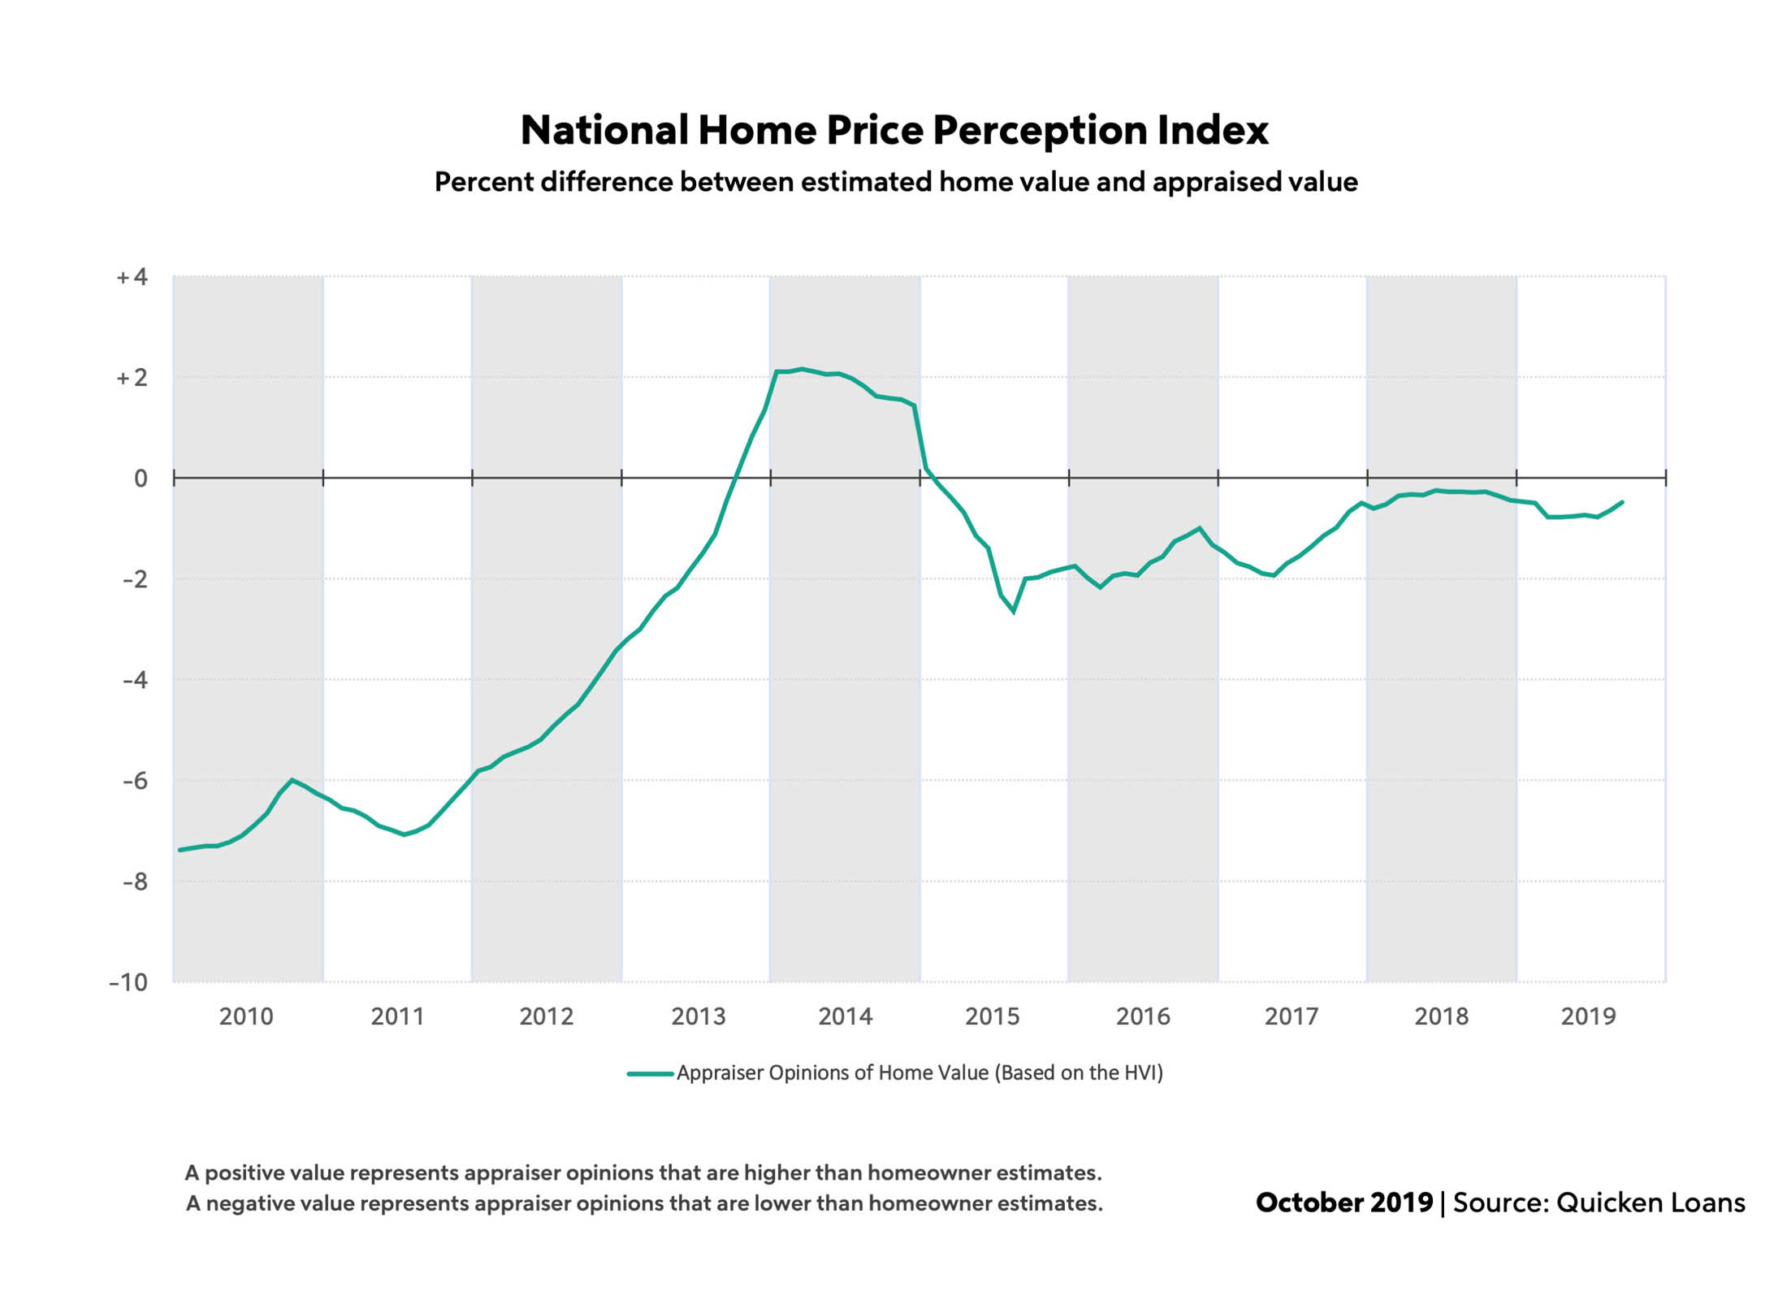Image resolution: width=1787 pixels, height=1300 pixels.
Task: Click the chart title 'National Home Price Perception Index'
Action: pos(894,130)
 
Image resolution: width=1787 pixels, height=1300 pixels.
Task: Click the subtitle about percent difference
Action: pos(896,182)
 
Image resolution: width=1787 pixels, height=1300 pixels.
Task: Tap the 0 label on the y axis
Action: pos(141,479)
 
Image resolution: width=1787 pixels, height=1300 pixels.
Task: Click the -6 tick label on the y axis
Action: pos(136,781)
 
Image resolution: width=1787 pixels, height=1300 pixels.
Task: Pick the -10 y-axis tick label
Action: pos(129,982)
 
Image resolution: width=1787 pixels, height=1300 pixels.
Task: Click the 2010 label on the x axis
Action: pos(246,1016)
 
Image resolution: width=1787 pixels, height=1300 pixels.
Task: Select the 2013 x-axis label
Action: pos(698,1016)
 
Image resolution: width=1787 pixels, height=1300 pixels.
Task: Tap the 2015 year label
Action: pos(992,1016)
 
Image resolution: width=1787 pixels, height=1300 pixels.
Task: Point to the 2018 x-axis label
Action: pos(1441,1016)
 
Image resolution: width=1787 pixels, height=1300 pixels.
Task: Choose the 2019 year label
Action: pos(1588,1016)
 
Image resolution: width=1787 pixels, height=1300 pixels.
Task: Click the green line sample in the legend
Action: pos(650,1074)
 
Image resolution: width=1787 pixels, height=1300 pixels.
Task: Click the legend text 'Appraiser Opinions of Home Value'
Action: pos(919,1073)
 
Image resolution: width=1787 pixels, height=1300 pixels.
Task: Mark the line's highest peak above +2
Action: pos(802,370)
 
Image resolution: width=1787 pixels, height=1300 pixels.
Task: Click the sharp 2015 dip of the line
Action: pos(1013,611)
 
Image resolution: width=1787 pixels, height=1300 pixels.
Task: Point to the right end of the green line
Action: pos(1622,502)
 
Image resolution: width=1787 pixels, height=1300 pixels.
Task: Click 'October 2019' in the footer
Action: pos(1344,1202)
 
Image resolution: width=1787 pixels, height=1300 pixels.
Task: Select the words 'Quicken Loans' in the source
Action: pos(1650,1202)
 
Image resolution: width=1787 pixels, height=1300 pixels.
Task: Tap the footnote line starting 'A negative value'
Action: pos(644,1203)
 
